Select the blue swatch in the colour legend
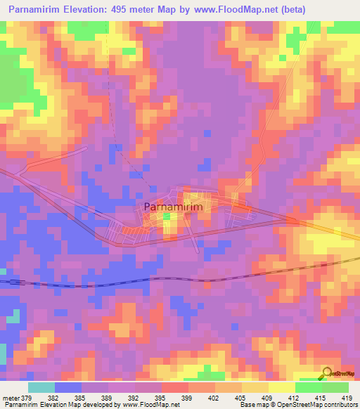click(x=68, y=388)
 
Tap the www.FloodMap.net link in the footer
click(x=148, y=405)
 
